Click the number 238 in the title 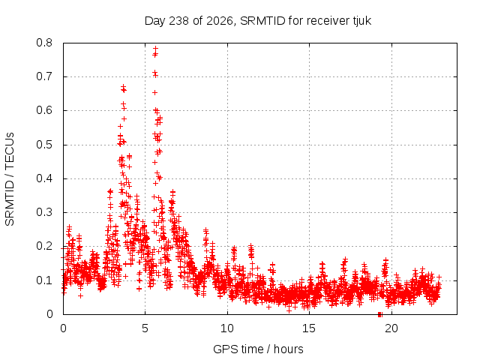point(179,21)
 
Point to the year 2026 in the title point(220,21)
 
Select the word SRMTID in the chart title point(262,21)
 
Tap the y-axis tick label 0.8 point(44,43)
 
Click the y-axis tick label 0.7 point(44,76)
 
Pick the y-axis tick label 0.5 point(44,145)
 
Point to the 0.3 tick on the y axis point(44,212)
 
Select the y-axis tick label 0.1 point(44,280)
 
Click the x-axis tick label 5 point(145,328)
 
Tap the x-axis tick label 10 point(227,328)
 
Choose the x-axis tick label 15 point(309,328)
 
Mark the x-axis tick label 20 point(391,328)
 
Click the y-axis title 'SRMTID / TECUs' point(10,179)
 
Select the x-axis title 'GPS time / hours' point(258,349)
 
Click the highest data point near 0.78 point(155,48)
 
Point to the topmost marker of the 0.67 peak point(123,87)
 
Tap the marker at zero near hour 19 point(380,314)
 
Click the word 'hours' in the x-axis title point(288,349)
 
